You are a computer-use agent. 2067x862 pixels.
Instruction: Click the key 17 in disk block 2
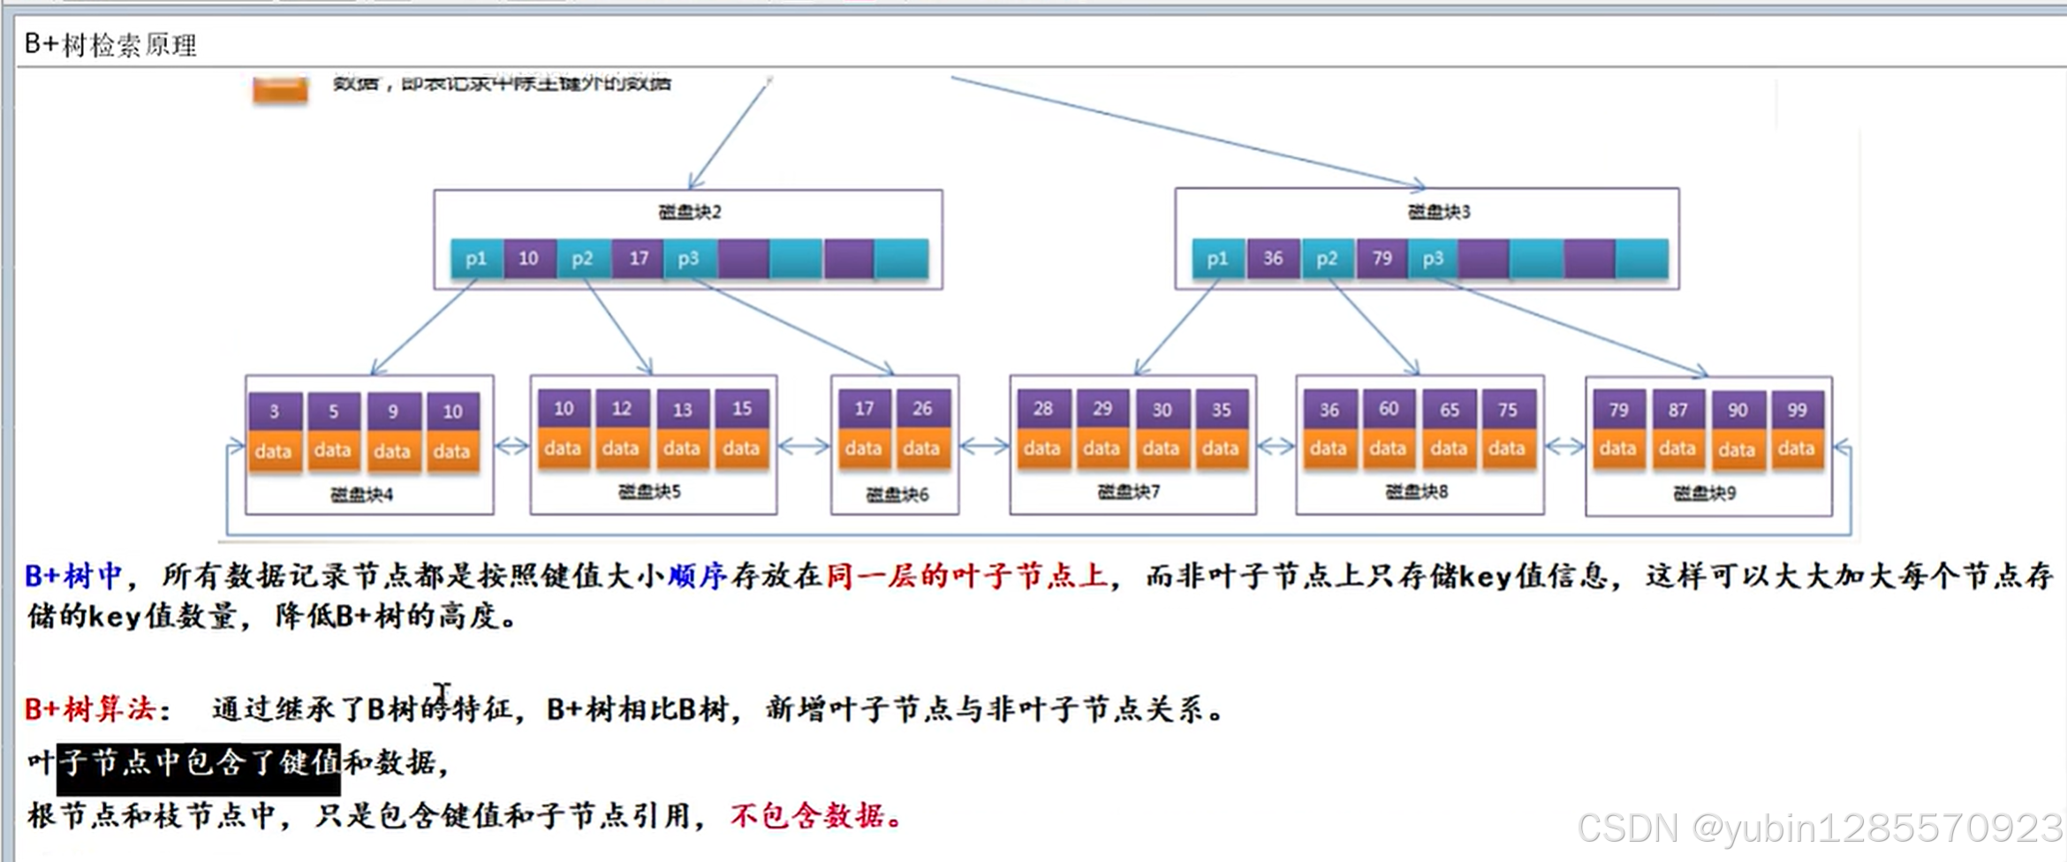[638, 258]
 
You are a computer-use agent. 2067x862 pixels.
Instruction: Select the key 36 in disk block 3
[1272, 258]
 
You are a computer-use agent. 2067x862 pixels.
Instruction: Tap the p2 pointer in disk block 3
[1327, 258]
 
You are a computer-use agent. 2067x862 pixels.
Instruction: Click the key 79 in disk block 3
[1382, 258]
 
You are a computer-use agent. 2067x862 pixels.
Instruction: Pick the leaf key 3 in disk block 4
[274, 411]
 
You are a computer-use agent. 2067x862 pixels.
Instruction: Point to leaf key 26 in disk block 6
[921, 408]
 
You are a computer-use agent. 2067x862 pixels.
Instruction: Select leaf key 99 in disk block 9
[1796, 410]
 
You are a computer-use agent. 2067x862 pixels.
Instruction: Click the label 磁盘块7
[1128, 492]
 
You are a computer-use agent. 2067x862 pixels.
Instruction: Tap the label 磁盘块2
[689, 212]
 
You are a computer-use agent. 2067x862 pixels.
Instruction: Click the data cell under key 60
[1387, 449]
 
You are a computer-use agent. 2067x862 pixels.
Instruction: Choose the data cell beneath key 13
[681, 449]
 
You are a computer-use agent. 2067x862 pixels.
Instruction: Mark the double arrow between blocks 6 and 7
[984, 447]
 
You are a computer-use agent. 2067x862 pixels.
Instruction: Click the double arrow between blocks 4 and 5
[511, 447]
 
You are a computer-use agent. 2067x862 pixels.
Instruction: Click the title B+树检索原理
[110, 44]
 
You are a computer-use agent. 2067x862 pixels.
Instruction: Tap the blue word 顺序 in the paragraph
[697, 576]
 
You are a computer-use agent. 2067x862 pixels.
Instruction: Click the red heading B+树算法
[90, 708]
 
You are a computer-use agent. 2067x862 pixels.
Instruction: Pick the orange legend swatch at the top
[280, 90]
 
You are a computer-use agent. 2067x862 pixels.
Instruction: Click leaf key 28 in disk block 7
[1042, 409]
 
